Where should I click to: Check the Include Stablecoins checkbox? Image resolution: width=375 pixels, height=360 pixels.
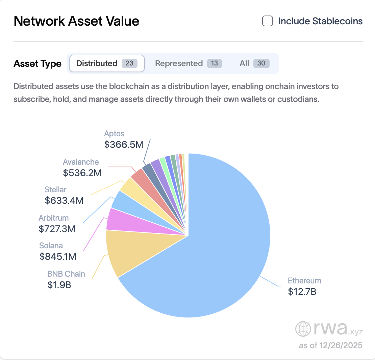[268, 21]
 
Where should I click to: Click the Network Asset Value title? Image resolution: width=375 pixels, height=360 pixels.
[76, 21]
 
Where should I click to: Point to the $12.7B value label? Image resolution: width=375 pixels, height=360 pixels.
[302, 292]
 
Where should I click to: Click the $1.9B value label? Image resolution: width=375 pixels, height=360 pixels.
[59, 285]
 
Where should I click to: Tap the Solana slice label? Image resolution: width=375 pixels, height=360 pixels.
[51, 246]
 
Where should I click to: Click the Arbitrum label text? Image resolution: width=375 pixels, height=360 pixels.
[54, 218]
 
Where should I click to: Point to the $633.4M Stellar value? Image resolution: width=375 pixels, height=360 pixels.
[64, 201]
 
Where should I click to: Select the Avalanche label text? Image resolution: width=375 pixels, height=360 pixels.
[81, 162]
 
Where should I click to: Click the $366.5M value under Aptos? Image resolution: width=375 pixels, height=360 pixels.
[124, 144]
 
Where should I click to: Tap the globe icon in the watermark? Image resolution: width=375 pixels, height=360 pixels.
[302, 329]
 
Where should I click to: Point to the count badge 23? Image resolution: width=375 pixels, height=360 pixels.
[129, 63]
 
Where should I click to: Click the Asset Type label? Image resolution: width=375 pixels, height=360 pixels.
[37, 64]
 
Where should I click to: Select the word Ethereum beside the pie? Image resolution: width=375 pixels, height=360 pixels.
[304, 281]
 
